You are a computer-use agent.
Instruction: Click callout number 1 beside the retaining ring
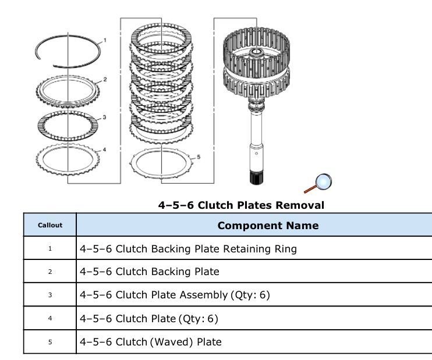click(x=105, y=41)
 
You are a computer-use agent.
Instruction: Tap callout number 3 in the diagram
click(x=105, y=117)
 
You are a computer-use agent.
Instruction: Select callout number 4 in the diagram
click(x=105, y=149)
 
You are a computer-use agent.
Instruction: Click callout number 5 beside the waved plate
click(x=198, y=156)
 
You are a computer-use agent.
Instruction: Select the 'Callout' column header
click(x=49, y=225)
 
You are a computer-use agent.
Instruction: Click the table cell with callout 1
click(x=49, y=248)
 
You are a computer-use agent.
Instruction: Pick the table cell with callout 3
click(x=49, y=295)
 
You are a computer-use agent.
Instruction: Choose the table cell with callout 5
click(x=49, y=341)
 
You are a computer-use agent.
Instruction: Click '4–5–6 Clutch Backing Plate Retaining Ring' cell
click(x=188, y=249)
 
